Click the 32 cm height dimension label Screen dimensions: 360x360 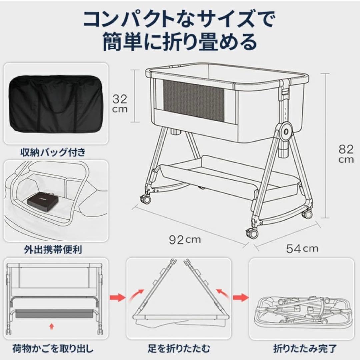[119, 103]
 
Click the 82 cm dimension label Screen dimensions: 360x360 [346, 154]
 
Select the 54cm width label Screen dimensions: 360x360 [302, 248]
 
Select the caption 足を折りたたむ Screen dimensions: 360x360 [179, 349]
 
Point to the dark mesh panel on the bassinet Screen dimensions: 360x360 [193, 100]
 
